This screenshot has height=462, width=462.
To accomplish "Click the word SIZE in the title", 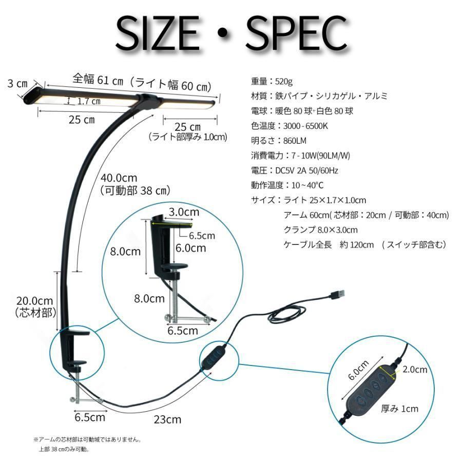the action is point(158,33).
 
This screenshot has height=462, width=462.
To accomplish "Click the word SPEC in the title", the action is point(297,33).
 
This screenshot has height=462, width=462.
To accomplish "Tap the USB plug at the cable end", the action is point(337,294).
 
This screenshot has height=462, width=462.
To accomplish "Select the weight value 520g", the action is point(284,81).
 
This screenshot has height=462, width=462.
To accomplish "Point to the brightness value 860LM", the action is point(295,141).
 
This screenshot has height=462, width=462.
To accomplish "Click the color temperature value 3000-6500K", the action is point(305,126).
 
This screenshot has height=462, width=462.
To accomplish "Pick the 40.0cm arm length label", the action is point(119,178).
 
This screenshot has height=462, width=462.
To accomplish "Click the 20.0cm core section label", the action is point(34,301).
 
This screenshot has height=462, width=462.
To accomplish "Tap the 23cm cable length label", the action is point(167,419).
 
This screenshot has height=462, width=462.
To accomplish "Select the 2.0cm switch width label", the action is point(415,370).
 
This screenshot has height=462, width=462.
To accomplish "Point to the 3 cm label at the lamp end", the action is point(17,84).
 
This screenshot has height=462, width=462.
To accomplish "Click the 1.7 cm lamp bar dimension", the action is point(89,101).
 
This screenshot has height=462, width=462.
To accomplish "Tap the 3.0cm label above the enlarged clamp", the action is point(184,212).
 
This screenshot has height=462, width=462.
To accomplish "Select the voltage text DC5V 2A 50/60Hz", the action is point(306,170).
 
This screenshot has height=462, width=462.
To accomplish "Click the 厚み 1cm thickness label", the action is point(399,409).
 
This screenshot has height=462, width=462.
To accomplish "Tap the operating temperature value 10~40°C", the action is point(307,185).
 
